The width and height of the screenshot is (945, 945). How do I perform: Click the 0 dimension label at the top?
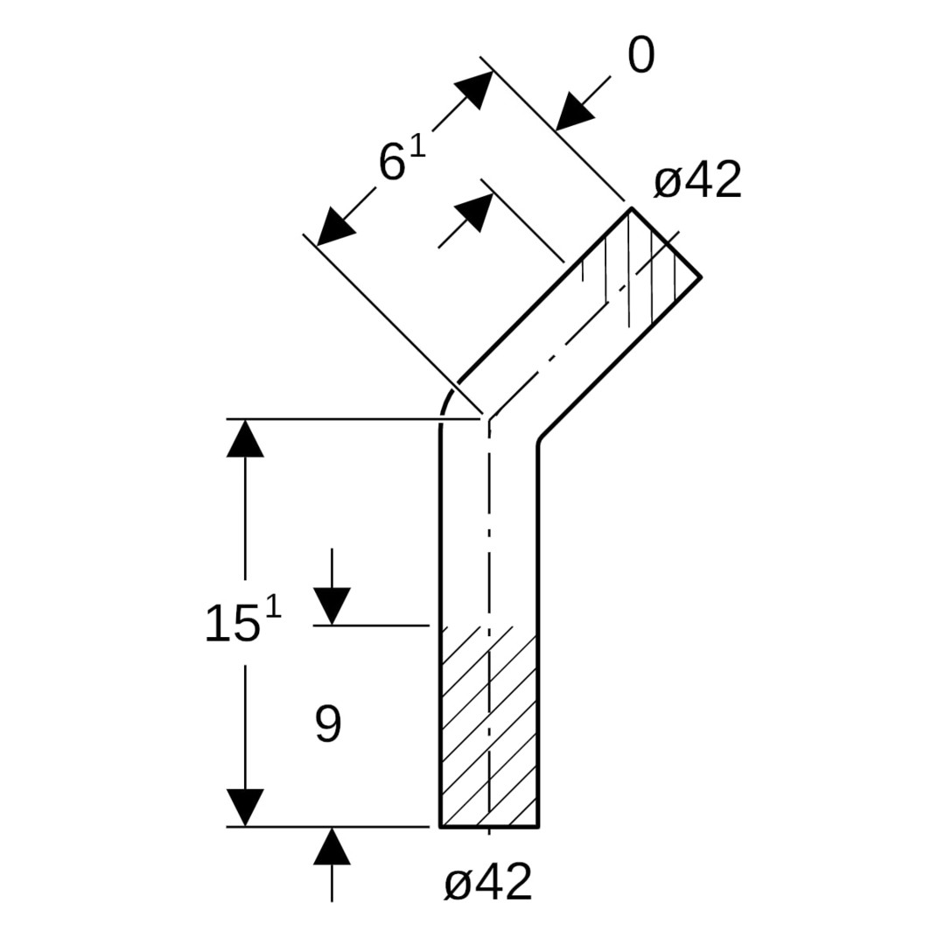(640, 57)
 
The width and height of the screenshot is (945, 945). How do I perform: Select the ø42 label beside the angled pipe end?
(697, 181)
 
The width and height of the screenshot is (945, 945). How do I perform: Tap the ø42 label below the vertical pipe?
(487, 882)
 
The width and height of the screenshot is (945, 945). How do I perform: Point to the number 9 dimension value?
(328, 724)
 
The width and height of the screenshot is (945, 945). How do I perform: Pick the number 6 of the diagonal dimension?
(391, 163)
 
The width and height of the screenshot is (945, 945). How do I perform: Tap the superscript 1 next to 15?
(273, 605)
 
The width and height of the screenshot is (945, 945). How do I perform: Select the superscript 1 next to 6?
(417, 144)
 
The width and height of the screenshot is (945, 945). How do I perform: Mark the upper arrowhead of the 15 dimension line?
(245, 438)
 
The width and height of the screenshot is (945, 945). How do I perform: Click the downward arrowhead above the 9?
(332, 605)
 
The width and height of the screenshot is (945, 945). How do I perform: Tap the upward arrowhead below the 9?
(332, 846)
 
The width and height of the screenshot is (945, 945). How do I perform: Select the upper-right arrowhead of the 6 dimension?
(474, 88)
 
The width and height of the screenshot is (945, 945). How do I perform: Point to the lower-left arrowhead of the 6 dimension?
(334, 228)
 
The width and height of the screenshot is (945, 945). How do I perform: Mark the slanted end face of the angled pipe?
(666, 242)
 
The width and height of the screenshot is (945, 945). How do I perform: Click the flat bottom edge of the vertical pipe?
(488, 826)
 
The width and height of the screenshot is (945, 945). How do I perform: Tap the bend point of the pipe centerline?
(489, 419)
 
